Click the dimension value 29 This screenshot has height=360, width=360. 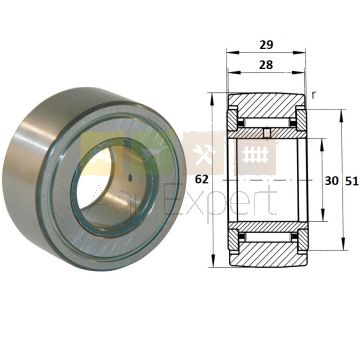[266, 44]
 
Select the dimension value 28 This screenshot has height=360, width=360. [266, 64]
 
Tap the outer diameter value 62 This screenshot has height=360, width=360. [201, 180]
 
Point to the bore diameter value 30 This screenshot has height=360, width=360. [331, 181]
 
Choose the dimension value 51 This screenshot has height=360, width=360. [351, 181]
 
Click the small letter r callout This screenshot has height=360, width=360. [313, 95]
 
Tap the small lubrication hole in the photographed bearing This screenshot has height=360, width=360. [130, 177]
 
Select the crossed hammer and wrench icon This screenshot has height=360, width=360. [202, 155]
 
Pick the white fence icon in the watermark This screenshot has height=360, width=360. [255, 155]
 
